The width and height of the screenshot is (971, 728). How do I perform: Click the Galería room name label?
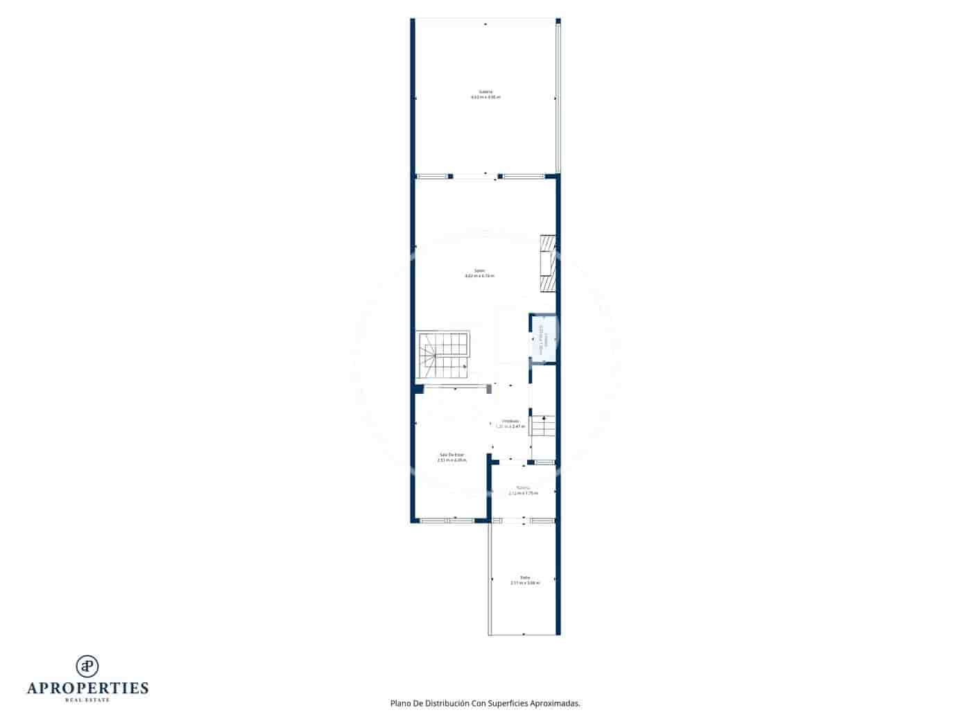coord(486,92)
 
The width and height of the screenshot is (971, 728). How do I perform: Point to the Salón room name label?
coord(479,270)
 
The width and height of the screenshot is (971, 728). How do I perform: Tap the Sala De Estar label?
coord(452,455)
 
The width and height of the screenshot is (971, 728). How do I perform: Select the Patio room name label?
coord(525,578)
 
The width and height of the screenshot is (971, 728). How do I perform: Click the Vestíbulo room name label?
coord(510,421)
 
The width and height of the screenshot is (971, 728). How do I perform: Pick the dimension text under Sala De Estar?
coord(452,460)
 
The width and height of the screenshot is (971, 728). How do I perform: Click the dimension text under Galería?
coord(486,98)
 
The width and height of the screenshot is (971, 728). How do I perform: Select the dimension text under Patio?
coord(525,583)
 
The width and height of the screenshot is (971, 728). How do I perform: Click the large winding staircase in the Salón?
coord(442,355)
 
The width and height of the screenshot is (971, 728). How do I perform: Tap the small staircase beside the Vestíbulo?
coord(543,426)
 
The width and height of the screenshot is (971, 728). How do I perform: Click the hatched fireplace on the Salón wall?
coord(548,263)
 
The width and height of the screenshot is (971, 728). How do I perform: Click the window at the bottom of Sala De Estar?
coord(446,520)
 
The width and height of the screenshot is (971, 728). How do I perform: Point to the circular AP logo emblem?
coord(87,666)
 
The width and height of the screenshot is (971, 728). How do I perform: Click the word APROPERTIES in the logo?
coord(87,688)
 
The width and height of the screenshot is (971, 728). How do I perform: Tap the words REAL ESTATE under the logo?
coord(87,700)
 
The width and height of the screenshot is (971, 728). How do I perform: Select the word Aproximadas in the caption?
coord(555,703)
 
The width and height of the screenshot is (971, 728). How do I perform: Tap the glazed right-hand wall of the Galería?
coord(558,97)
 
